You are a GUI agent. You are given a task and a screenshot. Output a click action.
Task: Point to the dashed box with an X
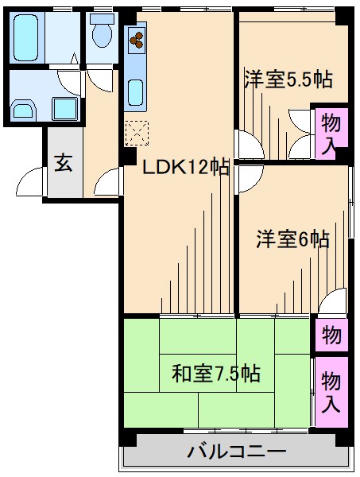point(137,132)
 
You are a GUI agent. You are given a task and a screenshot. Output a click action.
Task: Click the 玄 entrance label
point(63,164)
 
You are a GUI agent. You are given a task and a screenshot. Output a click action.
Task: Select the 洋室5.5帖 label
point(287,79)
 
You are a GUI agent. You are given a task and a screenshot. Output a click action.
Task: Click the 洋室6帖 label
point(292,238)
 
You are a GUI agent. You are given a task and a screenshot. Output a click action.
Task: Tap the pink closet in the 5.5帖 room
point(330,133)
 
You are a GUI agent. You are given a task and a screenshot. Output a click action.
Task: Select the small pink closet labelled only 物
point(330,334)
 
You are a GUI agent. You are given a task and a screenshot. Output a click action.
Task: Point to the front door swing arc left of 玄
point(30,182)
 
